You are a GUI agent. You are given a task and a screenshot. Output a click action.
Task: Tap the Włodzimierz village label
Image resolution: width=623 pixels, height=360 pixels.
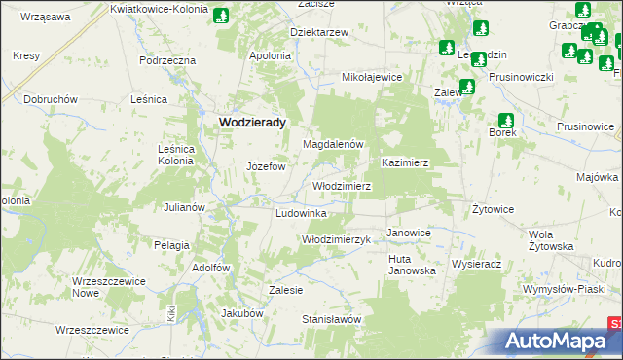pos(341,185)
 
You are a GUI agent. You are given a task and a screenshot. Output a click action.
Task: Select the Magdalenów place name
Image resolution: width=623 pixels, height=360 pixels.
pos(333,144)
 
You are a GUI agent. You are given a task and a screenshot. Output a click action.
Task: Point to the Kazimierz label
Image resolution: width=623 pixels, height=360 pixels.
pos(406,162)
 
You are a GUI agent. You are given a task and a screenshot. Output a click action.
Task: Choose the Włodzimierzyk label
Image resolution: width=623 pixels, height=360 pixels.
pos(337,239)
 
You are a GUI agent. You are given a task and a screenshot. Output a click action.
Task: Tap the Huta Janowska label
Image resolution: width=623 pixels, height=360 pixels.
pos(412,265)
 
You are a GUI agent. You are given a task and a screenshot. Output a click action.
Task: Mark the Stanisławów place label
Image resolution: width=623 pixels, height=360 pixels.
pos(331,319)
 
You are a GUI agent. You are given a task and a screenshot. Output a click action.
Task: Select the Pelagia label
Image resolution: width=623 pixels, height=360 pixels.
pos(171,245)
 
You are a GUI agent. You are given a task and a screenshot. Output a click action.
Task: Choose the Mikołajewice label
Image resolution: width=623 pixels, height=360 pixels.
pos(372,76)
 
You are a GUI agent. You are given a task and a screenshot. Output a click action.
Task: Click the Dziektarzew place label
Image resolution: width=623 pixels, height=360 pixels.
pos(319,32)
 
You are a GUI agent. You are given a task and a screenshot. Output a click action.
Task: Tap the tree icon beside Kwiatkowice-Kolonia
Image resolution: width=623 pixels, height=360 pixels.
pos(222,17)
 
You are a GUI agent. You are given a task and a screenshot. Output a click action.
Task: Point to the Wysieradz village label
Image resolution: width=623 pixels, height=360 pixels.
pos(476,264)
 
